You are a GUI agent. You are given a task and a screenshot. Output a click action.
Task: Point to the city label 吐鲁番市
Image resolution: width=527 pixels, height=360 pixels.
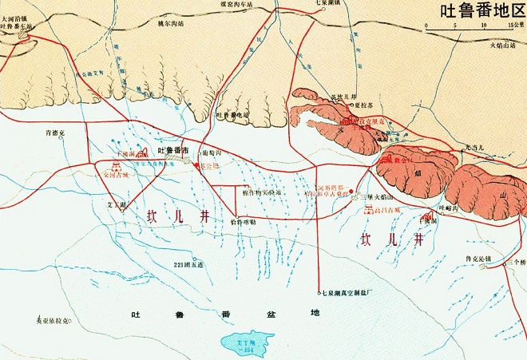tap(173, 150)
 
